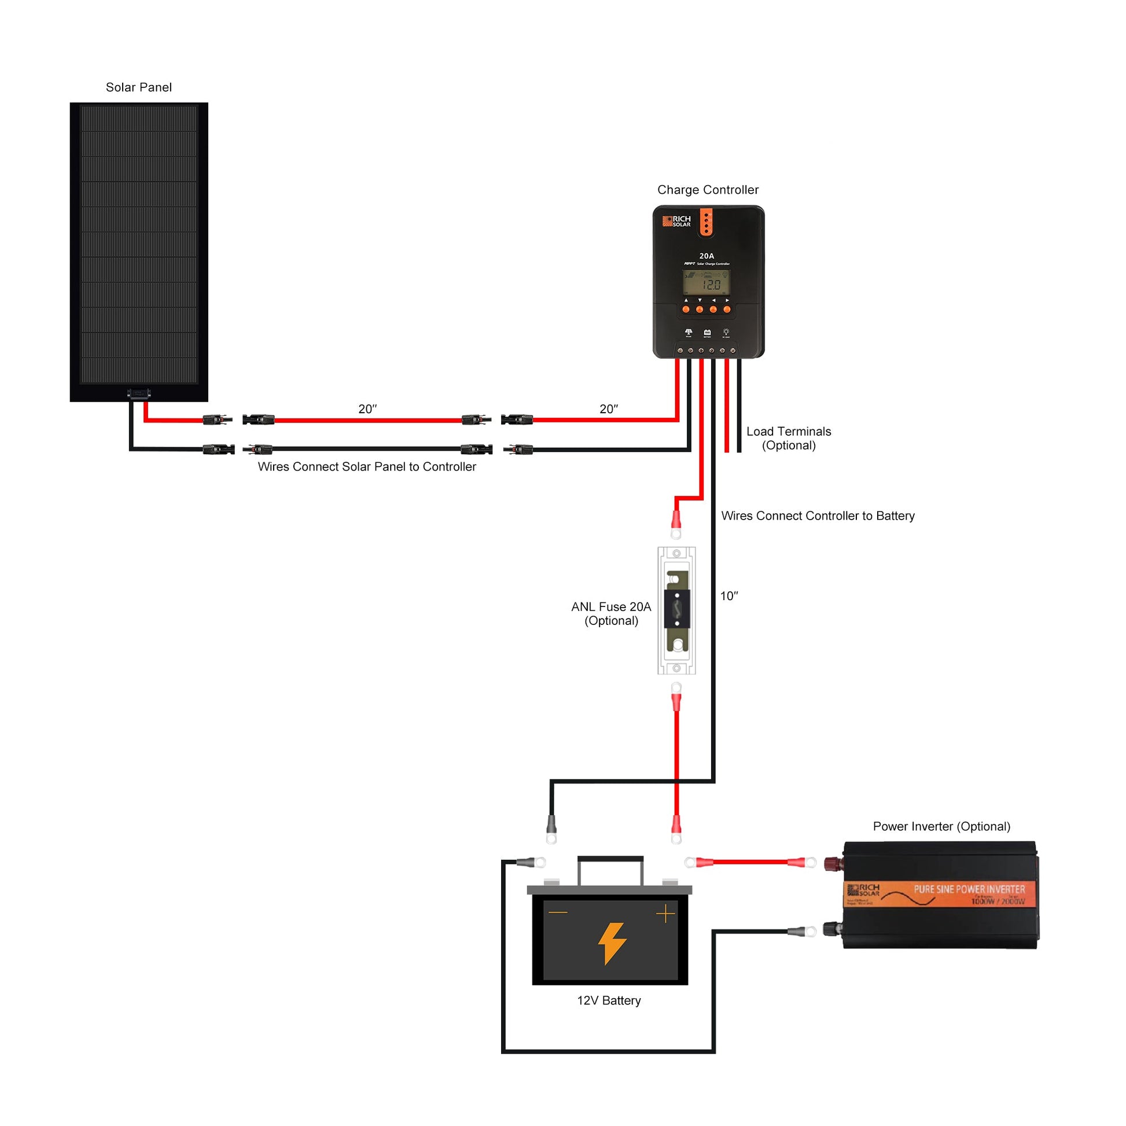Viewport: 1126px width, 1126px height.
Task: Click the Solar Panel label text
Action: point(139,87)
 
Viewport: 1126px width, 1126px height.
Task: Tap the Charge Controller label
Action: point(708,190)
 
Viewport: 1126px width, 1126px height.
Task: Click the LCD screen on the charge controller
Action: point(706,283)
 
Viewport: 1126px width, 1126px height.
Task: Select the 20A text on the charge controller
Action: point(706,256)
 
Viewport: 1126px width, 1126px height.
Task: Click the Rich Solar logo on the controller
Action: point(676,221)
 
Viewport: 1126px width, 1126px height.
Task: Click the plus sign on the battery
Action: point(665,914)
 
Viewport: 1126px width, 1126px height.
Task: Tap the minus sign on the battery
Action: point(558,912)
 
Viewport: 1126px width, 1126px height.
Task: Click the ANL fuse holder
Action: point(676,610)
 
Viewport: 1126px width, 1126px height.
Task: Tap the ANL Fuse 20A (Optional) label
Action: point(611,614)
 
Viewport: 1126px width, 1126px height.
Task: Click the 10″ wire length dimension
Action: point(728,596)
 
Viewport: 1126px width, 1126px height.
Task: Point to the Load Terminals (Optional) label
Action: point(789,438)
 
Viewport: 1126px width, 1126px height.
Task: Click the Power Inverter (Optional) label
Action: point(941,826)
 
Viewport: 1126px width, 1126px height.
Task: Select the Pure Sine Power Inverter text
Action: point(969,889)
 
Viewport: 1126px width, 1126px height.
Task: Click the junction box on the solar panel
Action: point(139,394)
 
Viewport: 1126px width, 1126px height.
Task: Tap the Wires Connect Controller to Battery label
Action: point(818,516)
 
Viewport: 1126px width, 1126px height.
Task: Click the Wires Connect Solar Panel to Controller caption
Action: point(367,467)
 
